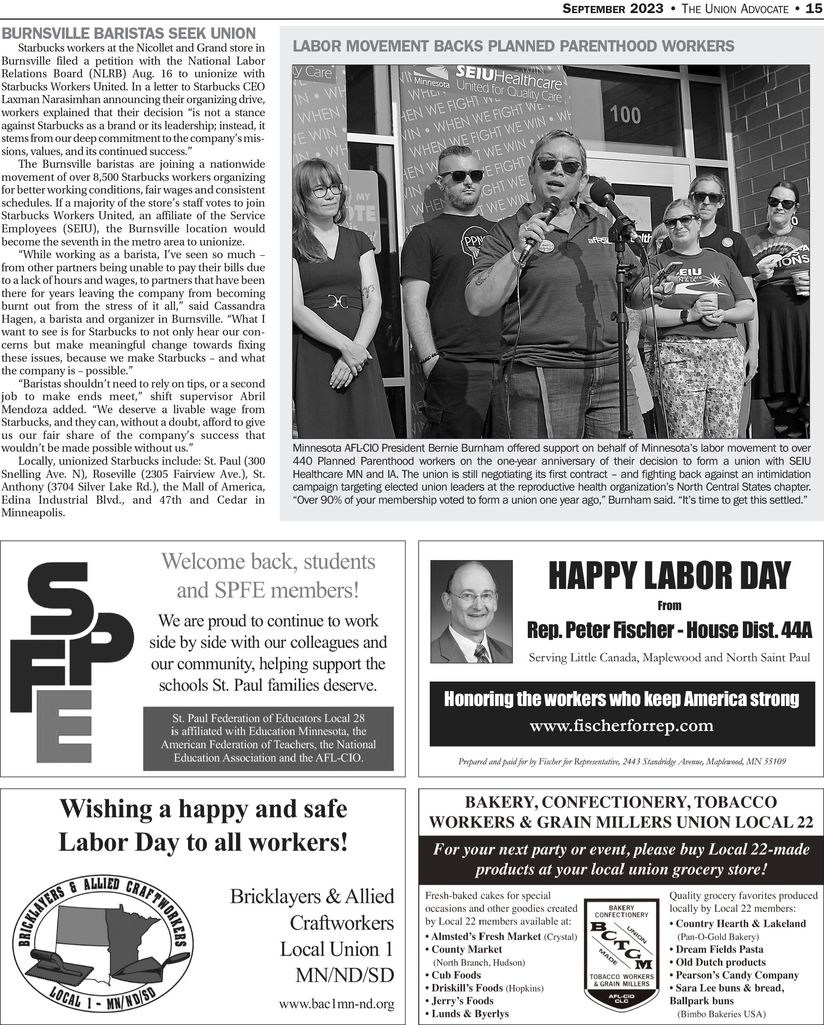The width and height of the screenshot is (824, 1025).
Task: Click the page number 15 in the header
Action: click(x=814, y=8)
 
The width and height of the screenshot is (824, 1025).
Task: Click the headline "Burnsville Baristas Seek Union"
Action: click(x=129, y=34)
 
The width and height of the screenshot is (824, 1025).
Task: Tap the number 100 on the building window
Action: click(x=625, y=115)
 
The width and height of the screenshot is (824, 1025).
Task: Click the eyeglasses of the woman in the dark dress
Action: click(x=327, y=190)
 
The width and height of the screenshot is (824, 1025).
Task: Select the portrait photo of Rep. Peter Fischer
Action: click(x=471, y=611)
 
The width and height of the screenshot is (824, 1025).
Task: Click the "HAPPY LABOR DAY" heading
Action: click(x=669, y=576)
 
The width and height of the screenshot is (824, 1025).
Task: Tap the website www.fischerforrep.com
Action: click(x=622, y=726)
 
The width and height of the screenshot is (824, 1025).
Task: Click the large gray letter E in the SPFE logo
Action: click(x=64, y=726)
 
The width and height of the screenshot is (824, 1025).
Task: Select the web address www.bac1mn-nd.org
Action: click(x=337, y=1004)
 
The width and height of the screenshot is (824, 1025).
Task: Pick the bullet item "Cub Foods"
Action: click(x=456, y=975)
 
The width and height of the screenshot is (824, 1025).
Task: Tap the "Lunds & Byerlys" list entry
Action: click(x=470, y=1014)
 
